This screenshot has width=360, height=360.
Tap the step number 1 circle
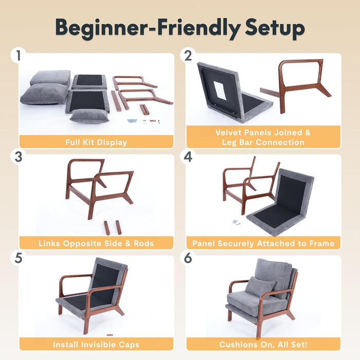(x=19, y=56)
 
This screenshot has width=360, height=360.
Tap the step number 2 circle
(x=188, y=56)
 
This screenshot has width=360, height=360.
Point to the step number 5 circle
(x=19, y=258)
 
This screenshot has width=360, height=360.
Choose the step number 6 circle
(x=188, y=258)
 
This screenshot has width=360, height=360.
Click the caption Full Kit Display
(x=96, y=142)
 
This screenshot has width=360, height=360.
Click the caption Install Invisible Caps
(x=96, y=344)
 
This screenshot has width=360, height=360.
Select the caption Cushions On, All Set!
(x=263, y=344)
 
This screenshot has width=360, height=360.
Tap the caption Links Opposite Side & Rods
(x=96, y=243)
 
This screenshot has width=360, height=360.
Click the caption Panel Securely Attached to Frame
(x=263, y=243)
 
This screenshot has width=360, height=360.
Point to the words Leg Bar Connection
(x=263, y=142)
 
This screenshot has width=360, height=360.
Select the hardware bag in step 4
(x=236, y=222)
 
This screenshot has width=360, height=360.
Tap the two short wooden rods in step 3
(x=112, y=227)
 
